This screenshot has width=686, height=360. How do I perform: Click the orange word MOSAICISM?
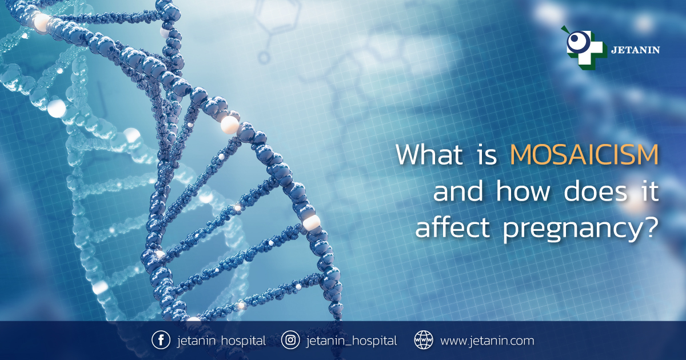pyautogui.click(x=584, y=155)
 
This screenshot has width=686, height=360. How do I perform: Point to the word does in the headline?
pyautogui.click(x=595, y=191)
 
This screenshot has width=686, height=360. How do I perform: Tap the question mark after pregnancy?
pyautogui.click(x=651, y=227)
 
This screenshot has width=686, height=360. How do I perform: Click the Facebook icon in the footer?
pyautogui.click(x=161, y=340)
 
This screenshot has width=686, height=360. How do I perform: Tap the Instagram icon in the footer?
pyautogui.click(x=290, y=340)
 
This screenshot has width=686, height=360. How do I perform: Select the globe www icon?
pyautogui.click(x=424, y=340)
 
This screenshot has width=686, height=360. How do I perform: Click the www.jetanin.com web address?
pyautogui.click(x=487, y=341)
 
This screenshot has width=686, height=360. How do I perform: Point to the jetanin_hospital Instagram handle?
pyautogui.click(x=352, y=341)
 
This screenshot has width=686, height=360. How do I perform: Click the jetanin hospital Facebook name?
pyautogui.click(x=221, y=341)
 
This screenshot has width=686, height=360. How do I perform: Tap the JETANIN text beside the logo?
pyautogui.click(x=636, y=50)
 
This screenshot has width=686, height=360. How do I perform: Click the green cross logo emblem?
pyautogui.click(x=584, y=49)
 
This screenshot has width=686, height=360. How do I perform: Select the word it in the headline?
pyautogui.click(x=649, y=190)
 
